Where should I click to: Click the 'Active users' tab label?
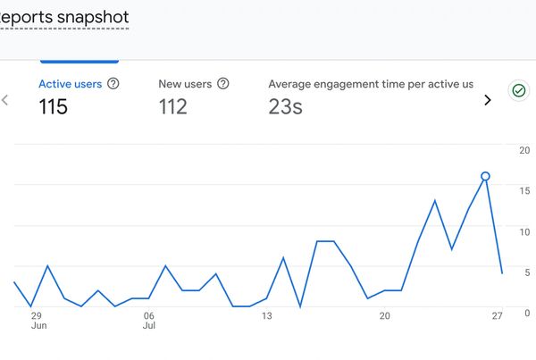point(70,84)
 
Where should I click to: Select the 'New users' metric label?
point(185,84)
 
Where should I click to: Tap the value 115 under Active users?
point(54,107)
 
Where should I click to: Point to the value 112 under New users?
point(173,107)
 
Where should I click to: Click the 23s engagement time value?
point(285,107)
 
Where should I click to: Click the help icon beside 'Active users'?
point(113,84)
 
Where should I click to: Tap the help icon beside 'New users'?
point(223,84)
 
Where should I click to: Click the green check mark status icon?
point(517,90)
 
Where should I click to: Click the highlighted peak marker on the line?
point(485,177)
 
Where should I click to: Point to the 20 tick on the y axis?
point(524,150)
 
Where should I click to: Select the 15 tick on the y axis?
point(524,190)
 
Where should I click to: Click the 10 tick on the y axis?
point(524,231)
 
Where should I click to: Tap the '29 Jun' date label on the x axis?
point(37,321)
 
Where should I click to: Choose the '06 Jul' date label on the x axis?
point(149,321)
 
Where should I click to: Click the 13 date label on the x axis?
point(267,315)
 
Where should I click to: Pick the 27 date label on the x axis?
point(498,315)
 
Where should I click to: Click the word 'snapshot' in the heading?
point(90,17)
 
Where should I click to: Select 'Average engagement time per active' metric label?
point(371,84)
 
